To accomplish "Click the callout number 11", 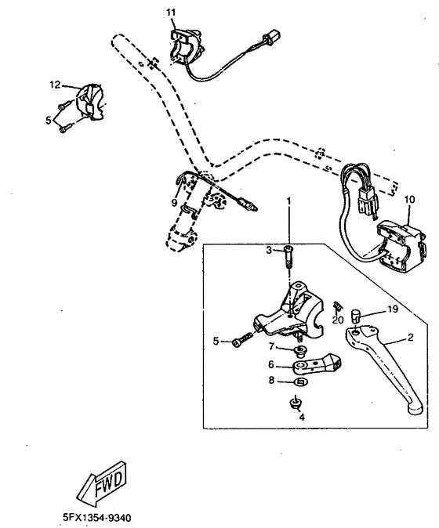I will point(172,13).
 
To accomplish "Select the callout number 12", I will point(55,84).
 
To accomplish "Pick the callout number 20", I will point(338,319).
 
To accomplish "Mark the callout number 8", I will point(272,382).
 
